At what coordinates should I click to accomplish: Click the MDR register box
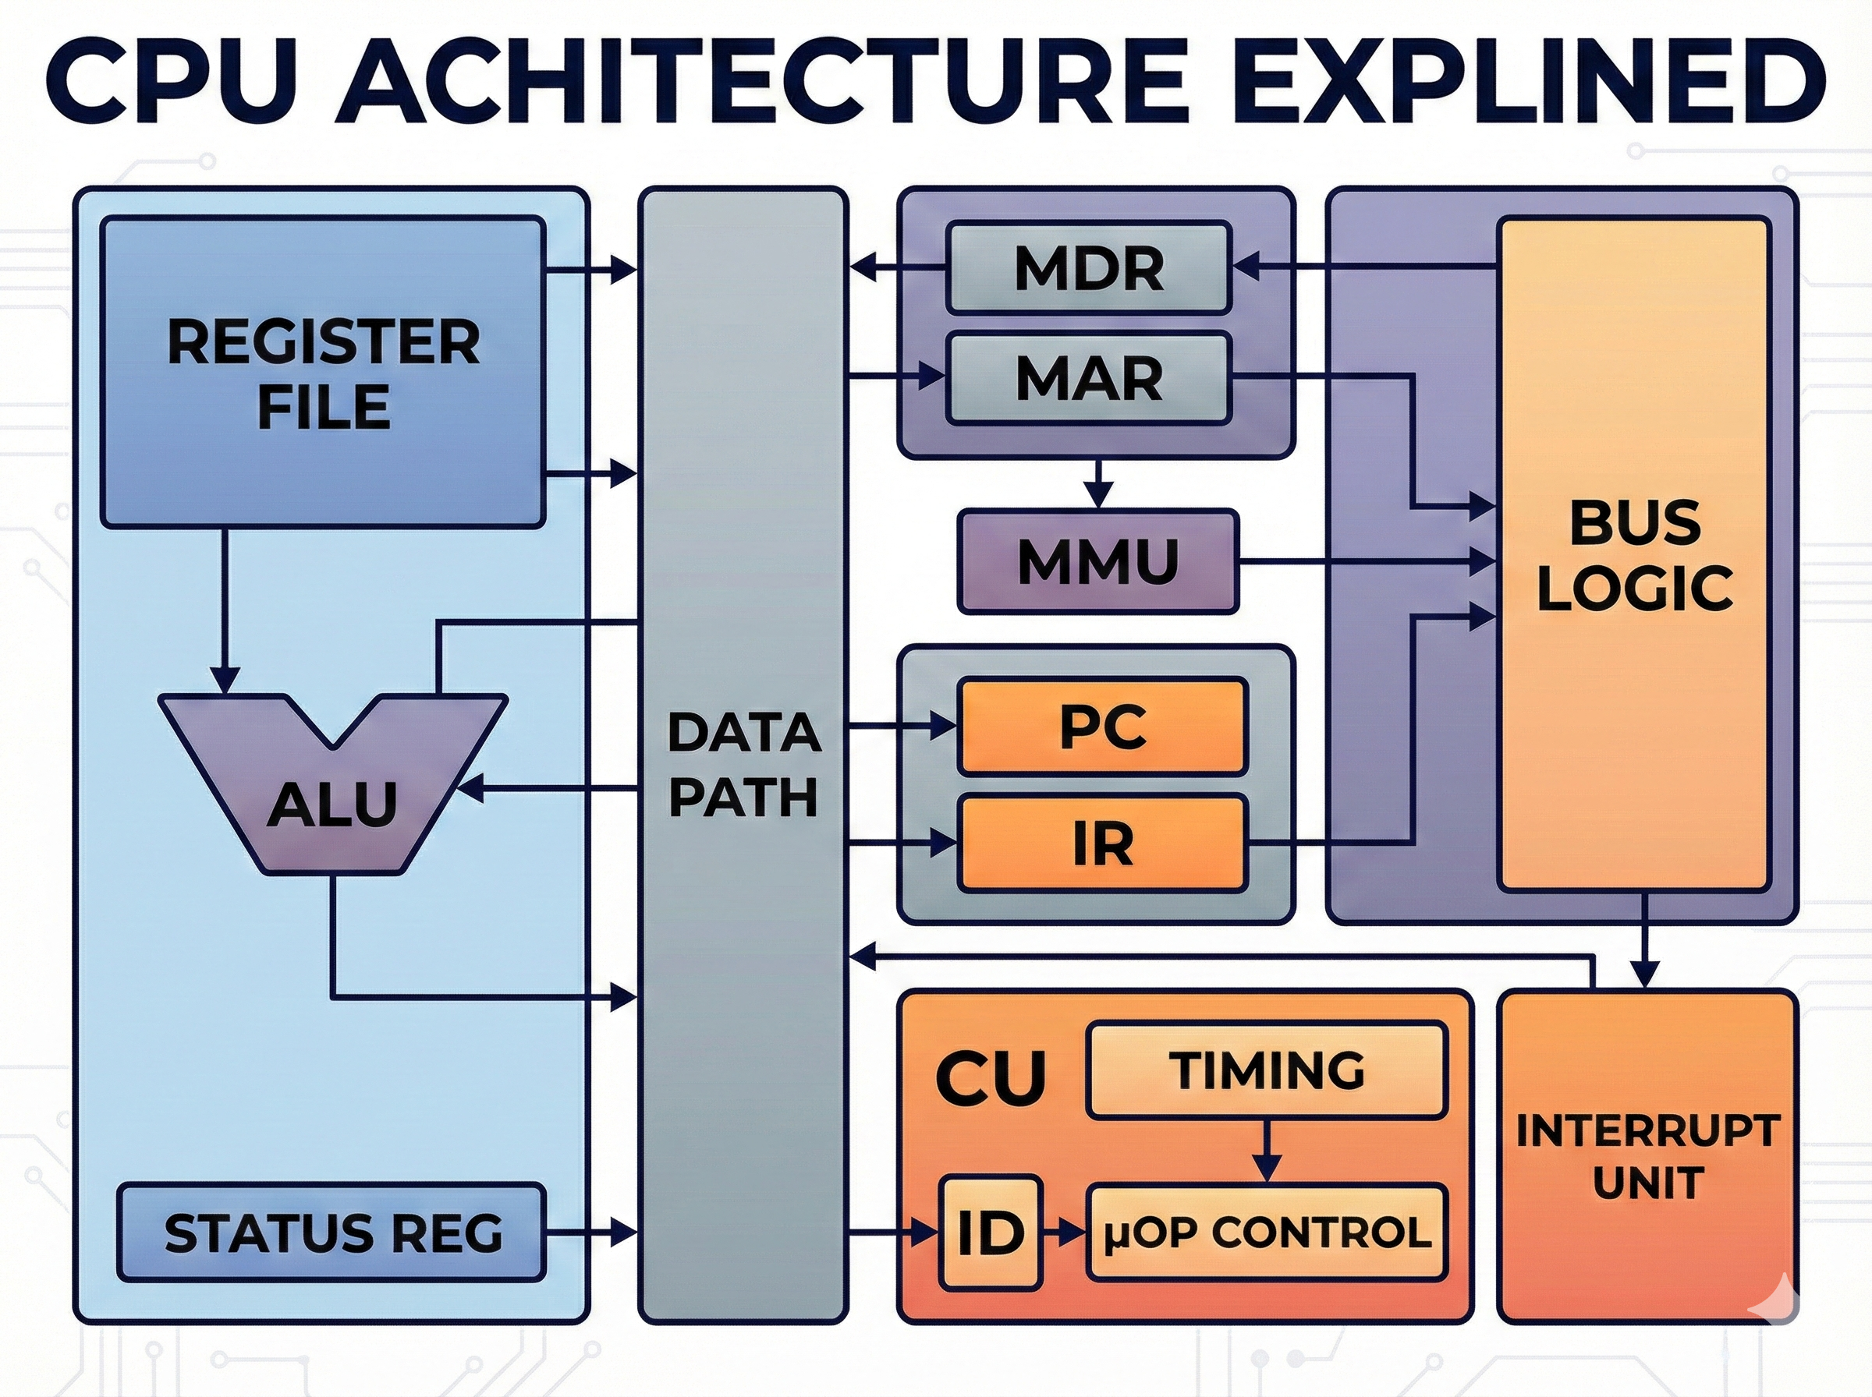[1089, 267]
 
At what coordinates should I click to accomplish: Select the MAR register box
[1089, 378]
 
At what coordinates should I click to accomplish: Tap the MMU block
[1098, 561]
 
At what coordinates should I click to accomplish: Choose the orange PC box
[1103, 726]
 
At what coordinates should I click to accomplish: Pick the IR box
[1103, 843]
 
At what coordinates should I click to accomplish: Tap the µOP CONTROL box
[1266, 1232]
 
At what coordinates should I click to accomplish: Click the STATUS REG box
[331, 1232]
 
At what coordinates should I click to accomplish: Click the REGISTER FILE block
[322, 372]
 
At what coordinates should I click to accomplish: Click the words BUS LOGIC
[1634, 556]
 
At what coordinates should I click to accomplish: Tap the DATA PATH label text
[743, 765]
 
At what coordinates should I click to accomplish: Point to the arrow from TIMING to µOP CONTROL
[1266, 1151]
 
